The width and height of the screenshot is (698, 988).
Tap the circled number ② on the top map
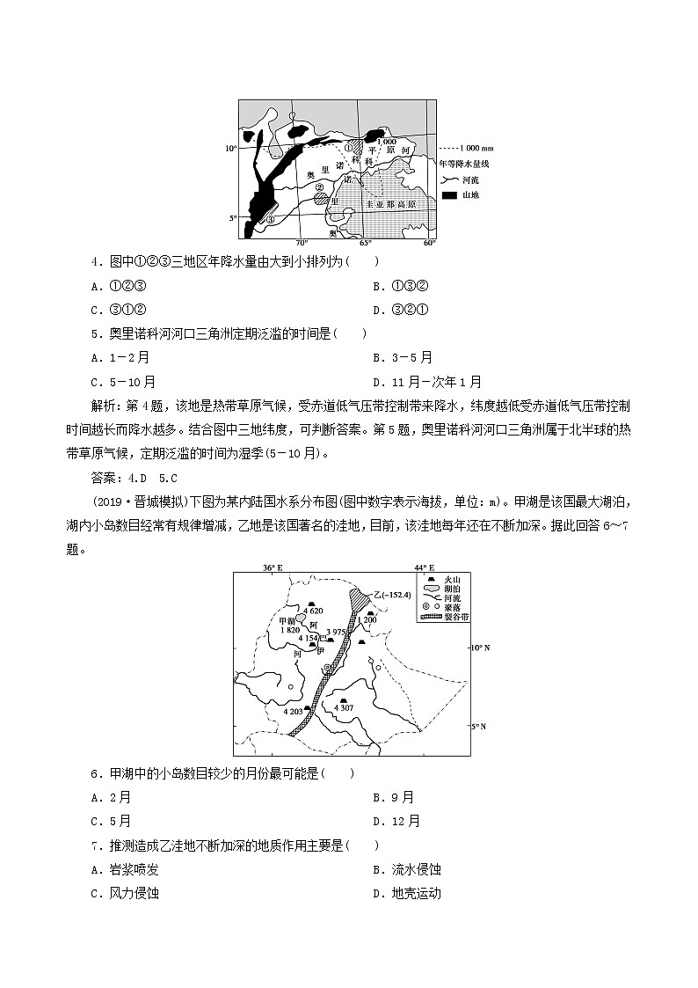pos(321,187)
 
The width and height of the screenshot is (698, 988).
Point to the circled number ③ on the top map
pos(272,220)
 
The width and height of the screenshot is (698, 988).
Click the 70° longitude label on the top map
pos(301,242)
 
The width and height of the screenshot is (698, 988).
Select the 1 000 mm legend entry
pos(466,148)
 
